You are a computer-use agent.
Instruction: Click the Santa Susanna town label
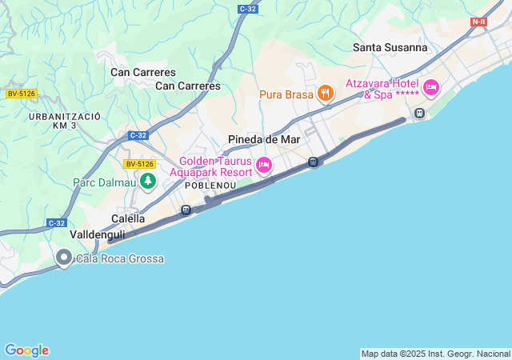tap(390, 47)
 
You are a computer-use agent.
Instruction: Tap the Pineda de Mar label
tap(263, 139)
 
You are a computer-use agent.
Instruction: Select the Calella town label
tap(128, 218)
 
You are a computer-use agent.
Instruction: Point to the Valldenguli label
tap(97, 234)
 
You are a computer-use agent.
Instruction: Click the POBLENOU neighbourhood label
tap(209, 185)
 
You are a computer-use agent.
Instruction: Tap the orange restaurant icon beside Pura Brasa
tap(325, 94)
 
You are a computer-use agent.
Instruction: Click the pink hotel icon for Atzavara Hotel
tap(431, 87)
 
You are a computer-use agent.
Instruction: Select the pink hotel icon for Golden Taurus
tap(264, 166)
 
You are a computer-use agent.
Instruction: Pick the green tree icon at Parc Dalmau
tap(147, 182)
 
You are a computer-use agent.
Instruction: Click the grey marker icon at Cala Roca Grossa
tap(64, 258)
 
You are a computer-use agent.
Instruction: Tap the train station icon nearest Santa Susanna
tap(418, 114)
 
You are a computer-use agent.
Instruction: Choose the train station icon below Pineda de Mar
tap(314, 162)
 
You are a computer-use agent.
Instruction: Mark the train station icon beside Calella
tap(186, 210)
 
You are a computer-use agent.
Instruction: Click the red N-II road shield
tap(478, 22)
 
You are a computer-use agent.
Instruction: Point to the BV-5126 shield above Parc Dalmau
tap(139, 164)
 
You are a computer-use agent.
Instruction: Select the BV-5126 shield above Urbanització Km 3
tap(22, 94)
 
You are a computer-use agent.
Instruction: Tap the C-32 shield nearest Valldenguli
tap(56, 223)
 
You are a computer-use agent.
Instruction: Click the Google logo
tap(26, 350)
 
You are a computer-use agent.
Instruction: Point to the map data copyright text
tap(435, 354)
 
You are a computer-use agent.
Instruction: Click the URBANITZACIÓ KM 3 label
tap(64, 121)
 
